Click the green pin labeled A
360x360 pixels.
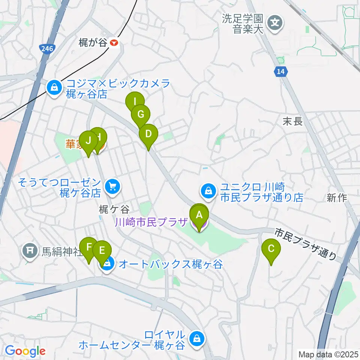pos(199,215)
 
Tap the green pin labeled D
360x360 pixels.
pos(148,134)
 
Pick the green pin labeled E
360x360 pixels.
pos(102,251)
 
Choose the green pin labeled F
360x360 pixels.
pos(89,247)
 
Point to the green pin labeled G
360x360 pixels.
pos(141,114)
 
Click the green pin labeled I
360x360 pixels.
pos(134,102)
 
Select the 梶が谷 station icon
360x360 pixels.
pos(114,43)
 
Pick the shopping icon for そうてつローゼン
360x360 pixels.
pos(111,186)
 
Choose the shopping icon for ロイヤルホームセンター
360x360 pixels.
pos(196,339)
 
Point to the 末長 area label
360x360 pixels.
pos(292,121)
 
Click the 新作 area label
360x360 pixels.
pos(337,198)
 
